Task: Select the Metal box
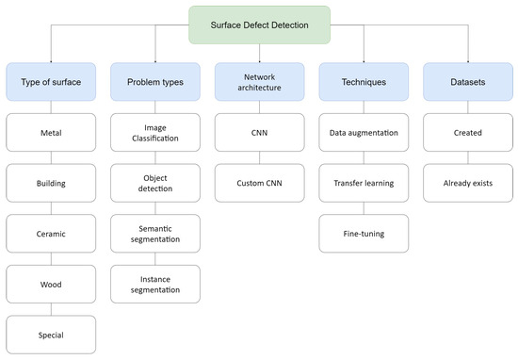click(52, 133)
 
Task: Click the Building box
click(52, 184)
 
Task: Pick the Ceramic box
click(52, 234)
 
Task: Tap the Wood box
click(52, 284)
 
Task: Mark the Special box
click(52, 334)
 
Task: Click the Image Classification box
click(155, 133)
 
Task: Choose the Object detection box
click(155, 184)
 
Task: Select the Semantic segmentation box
click(155, 234)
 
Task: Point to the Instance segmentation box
click(155, 284)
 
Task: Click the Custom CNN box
click(259, 184)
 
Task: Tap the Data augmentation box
click(363, 133)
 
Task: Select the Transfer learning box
click(363, 184)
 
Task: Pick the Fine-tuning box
click(363, 234)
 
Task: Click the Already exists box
click(466, 184)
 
